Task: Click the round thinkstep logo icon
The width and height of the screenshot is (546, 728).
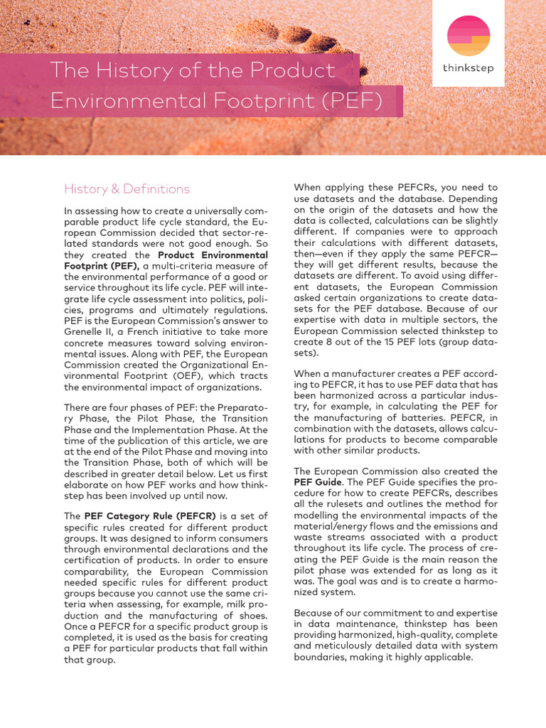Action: (x=468, y=36)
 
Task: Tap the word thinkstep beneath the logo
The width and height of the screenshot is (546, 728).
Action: (x=468, y=69)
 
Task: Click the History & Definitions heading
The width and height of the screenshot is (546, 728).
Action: (x=127, y=188)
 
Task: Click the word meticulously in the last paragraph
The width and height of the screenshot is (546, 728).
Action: (x=345, y=646)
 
